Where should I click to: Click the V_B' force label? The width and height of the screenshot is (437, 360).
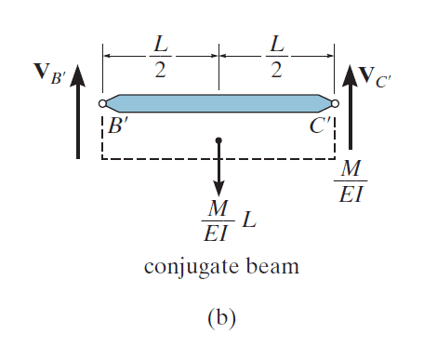click(x=50, y=74)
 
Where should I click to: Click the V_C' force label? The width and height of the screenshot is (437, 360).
click(x=375, y=77)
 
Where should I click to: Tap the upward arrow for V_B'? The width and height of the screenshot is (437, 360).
click(x=78, y=112)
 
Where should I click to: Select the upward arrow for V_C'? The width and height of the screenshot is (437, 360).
click(x=351, y=107)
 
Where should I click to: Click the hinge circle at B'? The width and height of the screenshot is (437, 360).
click(x=102, y=103)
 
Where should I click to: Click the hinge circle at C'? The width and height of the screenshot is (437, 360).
click(x=335, y=103)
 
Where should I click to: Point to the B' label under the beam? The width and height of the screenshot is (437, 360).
click(x=118, y=127)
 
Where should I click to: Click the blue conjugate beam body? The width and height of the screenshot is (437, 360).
click(x=218, y=103)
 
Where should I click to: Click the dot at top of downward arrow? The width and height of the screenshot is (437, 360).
click(x=218, y=140)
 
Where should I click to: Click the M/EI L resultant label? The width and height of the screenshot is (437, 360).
click(x=229, y=220)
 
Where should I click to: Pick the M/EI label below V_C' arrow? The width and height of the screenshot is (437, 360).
click(x=351, y=181)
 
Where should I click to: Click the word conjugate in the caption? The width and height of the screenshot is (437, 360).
click(x=192, y=267)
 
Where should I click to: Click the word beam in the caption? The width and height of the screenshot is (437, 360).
click(x=272, y=266)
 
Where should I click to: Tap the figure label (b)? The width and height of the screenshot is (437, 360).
click(x=221, y=317)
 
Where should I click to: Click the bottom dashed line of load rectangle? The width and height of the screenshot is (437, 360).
click(x=218, y=159)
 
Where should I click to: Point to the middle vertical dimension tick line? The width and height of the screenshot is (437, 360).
click(x=218, y=67)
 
